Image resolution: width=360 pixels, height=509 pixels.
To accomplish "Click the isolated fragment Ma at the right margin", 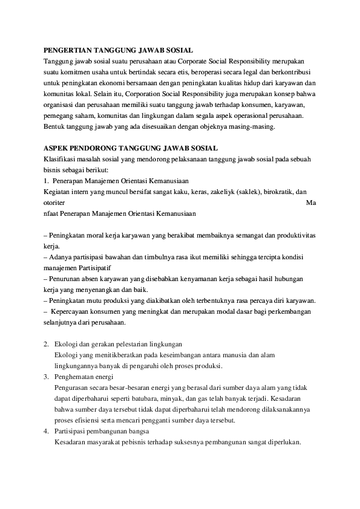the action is [x=311, y=203].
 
